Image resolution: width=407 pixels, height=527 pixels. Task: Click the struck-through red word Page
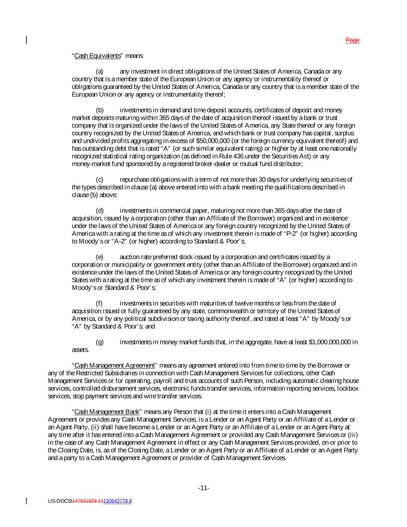point(352,40)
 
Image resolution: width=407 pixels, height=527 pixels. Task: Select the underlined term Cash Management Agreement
point(115,365)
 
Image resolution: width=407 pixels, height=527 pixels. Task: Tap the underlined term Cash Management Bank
point(107,412)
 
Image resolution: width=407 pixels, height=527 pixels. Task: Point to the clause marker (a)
point(100,71)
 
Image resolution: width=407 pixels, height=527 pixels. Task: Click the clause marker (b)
point(100,110)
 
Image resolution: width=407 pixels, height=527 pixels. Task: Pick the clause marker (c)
point(100,180)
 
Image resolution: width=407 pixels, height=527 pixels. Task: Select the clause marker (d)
point(100,210)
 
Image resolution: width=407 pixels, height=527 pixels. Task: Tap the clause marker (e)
point(100,257)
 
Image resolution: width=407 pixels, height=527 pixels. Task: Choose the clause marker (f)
point(99,303)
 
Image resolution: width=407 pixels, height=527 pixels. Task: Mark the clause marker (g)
point(100,342)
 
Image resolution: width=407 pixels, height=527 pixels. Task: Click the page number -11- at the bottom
point(204,488)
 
